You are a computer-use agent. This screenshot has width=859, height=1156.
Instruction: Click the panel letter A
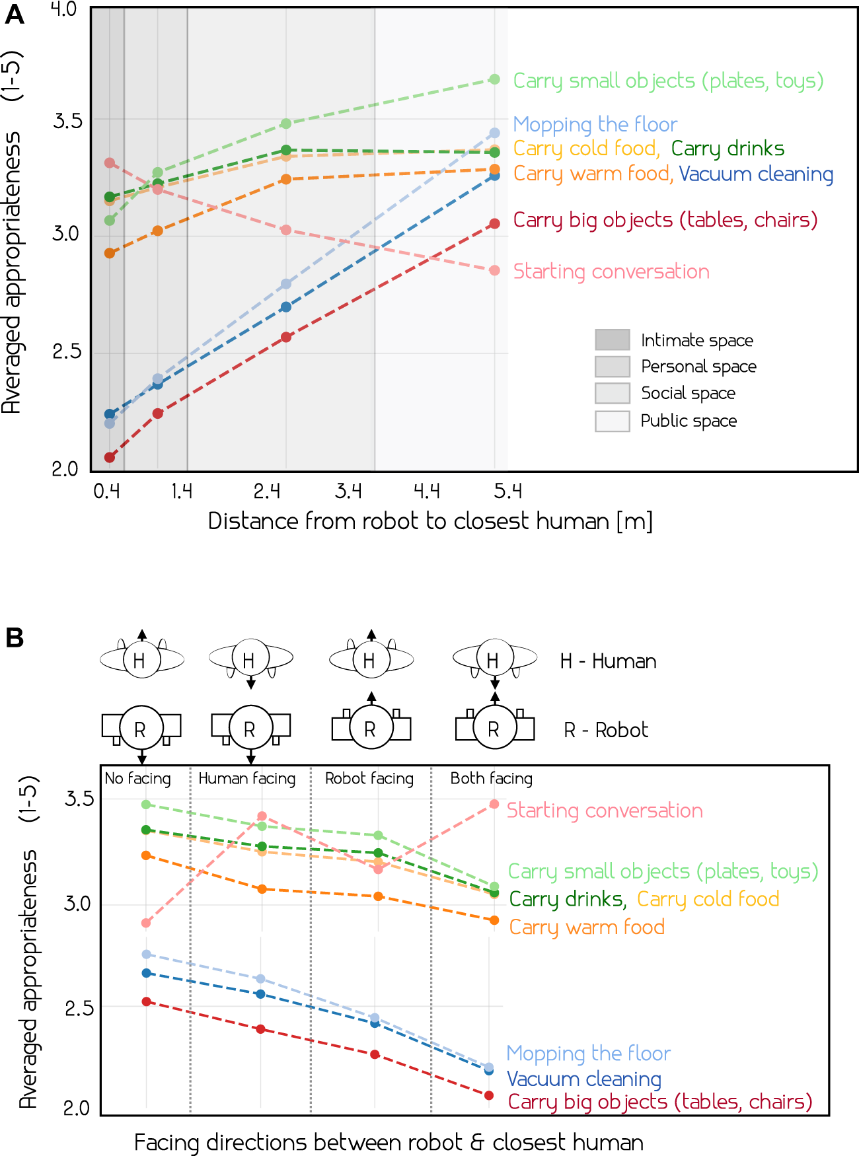[x=14, y=15]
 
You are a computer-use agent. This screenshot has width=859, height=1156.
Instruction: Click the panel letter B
[x=14, y=638]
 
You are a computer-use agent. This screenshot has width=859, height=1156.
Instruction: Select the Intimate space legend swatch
[x=612, y=340]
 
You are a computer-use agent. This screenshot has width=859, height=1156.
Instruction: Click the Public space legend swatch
[x=612, y=421]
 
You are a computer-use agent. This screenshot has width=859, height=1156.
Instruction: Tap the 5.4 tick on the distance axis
[x=507, y=491]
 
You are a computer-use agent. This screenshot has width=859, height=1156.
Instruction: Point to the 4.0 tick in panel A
[x=64, y=10]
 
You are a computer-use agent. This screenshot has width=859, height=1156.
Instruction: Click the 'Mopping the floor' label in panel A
[x=595, y=124]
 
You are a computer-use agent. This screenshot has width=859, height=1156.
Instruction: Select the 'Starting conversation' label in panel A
[x=611, y=271]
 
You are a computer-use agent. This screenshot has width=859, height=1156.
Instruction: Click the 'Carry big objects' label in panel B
[x=659, y=1102]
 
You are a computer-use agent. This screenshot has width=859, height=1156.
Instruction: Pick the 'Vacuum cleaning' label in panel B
[x=583, y=1079]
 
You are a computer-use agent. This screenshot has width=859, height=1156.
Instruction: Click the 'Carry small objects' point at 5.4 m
[x=494, y=79]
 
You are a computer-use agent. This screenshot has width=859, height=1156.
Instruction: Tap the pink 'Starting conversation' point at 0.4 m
[x=110, y=163]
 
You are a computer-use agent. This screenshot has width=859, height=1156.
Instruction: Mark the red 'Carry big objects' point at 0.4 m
[x=110, y=457]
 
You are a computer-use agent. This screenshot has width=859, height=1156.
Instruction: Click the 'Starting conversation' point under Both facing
[x=494, y=804]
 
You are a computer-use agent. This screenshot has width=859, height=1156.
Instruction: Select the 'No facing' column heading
[x=137, y=779]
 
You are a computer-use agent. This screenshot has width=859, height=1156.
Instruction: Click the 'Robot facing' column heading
[x=369, y=779]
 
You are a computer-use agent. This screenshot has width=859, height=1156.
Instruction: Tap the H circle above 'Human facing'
[x=250, y=659]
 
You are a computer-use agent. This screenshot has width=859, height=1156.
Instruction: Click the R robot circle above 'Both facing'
[x=494, y=729]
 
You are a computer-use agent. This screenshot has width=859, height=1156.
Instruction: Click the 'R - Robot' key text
[x=605, y=730]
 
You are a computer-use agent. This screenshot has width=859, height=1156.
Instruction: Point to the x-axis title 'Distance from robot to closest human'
[x=429, y=521]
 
